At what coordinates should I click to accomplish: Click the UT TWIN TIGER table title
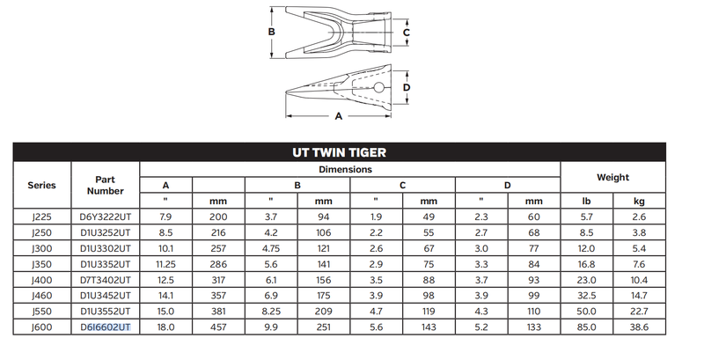point(339,152)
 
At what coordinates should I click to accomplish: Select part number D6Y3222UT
point(106,217)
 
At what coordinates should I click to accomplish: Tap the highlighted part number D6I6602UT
point(106,327)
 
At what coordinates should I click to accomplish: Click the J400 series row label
point(41,280)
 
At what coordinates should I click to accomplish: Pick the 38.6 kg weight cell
point(639,327)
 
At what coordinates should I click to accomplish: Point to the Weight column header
point(612,177)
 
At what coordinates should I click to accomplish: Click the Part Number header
point(105,185)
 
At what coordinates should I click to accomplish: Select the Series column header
point(41,185)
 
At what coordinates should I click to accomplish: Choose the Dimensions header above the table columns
point(345,169)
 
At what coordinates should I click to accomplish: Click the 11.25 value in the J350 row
point(165,264)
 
